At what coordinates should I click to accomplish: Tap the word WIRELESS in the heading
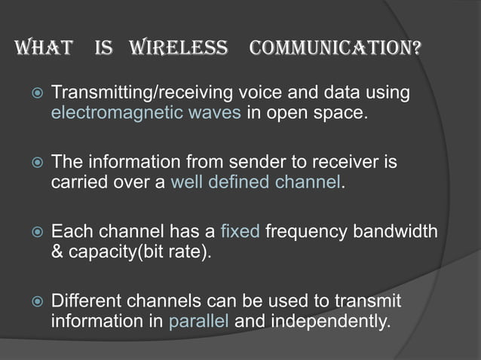[179, 50]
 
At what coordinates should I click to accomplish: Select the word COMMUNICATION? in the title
[335, 50]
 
